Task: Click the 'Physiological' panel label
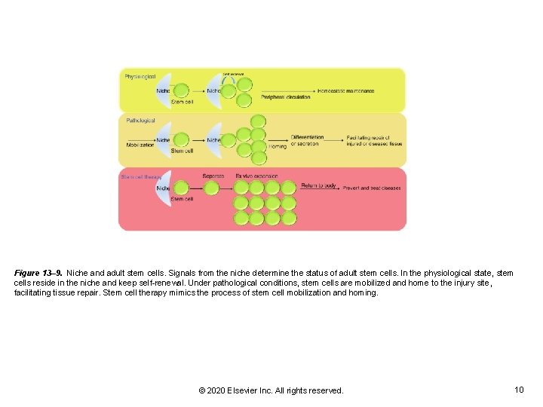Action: point(140,77)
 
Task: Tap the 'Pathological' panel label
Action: point(140,121)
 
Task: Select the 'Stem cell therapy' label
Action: point(141,177)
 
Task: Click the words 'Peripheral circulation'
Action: point(286,98)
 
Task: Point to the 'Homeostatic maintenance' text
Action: point(346,91)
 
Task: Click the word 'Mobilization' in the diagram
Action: point(140,145)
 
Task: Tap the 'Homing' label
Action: point(278,146)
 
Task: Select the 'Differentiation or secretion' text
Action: point(307,140)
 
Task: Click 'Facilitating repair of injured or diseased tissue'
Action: point(374,141)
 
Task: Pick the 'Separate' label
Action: point(213,176)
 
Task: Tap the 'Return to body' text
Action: point(319,185)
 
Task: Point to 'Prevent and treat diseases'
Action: point(372,188)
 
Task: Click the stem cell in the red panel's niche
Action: point(181,188)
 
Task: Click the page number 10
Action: point(518,390)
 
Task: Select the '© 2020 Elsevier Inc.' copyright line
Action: point(271,390)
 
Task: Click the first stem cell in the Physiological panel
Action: point(181,91)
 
